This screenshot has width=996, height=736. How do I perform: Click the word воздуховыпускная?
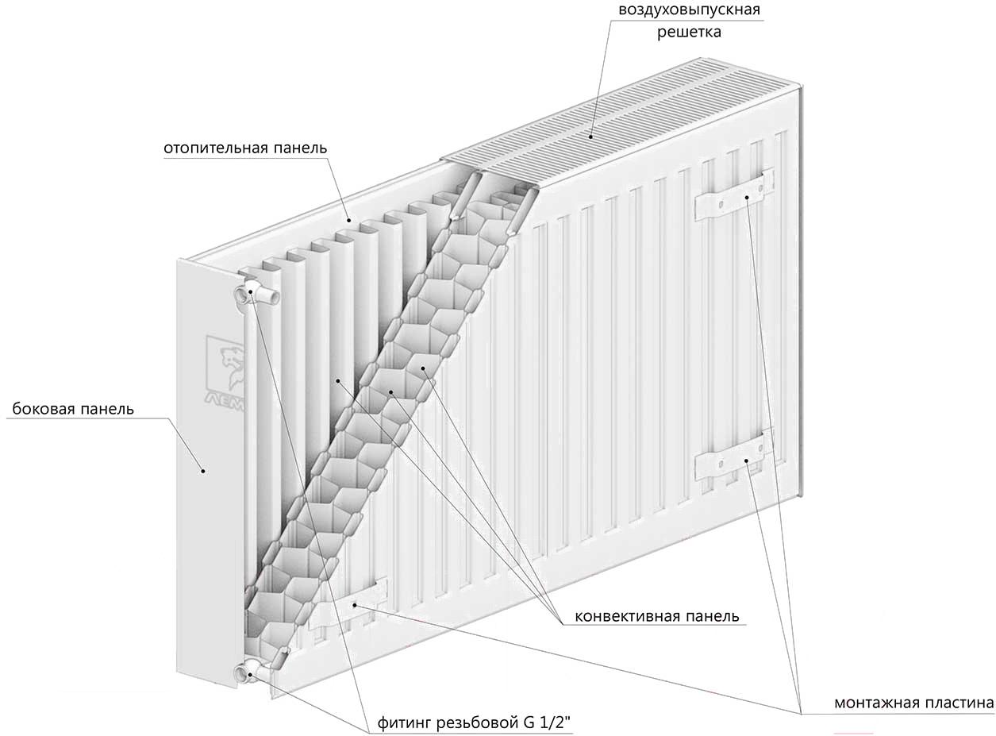(690, 10)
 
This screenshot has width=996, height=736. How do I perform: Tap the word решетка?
(690, 33)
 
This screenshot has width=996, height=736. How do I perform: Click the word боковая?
(40, 409)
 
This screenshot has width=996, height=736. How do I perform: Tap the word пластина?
(953, 703)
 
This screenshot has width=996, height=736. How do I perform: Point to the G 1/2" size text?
(547, 723)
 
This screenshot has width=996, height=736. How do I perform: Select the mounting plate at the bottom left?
(348, 604)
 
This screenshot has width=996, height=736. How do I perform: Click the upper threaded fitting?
(255, 294)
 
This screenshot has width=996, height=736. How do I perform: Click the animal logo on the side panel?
(227, 369)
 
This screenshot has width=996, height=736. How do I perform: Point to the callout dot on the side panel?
(203, 471)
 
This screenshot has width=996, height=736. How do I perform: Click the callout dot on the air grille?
(591, 136)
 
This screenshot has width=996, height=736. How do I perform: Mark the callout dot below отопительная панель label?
(349, 220)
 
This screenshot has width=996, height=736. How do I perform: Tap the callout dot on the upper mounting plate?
(746, 197)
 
